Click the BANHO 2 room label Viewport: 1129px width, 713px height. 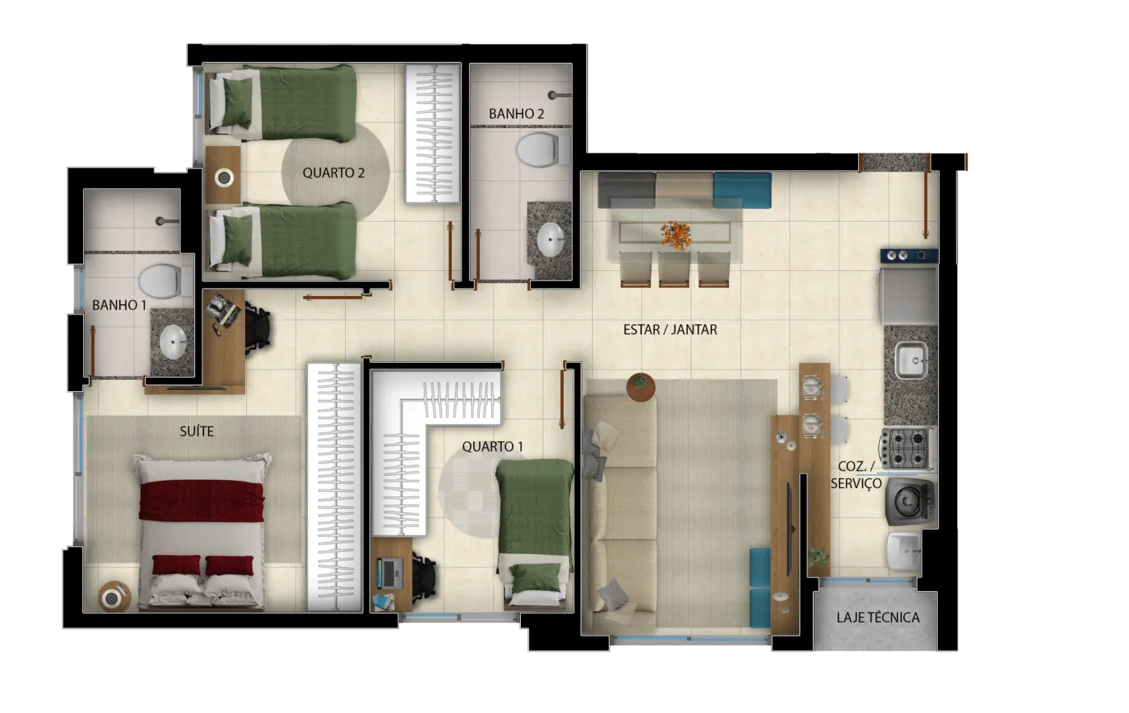point(516,114)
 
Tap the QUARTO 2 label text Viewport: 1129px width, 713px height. point(333,173)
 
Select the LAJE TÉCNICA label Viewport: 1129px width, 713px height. point(878,617)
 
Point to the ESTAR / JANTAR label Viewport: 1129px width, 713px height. point(670,330)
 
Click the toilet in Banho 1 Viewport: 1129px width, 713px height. point(163,281)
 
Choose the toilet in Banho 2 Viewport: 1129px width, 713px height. point(540,150)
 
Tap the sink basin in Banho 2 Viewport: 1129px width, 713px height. point(550,240)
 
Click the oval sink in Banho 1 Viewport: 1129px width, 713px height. point(173,342)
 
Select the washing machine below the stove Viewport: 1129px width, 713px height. point(910,501)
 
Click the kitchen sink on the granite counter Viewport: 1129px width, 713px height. point(911,360)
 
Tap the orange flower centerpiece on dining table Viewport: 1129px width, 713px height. point(676,235)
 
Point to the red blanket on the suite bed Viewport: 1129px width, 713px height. point(202,501)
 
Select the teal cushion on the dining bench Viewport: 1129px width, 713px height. point(743,190)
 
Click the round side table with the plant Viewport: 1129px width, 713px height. point(640,387)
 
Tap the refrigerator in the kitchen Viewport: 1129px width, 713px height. point(908,295)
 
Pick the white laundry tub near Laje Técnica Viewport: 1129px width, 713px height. point(905,552)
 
